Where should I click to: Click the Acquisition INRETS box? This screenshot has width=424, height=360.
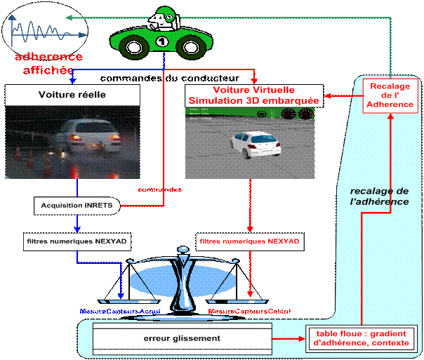coord(77,206)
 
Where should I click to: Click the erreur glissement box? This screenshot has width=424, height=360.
coord(181,339)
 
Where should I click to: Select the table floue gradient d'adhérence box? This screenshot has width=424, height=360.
coord(363,339)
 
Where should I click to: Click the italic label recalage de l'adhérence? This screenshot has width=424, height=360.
coord(380,196)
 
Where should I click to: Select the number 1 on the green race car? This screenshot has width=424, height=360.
coord(161,42)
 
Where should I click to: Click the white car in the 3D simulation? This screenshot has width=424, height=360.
coord(254,146)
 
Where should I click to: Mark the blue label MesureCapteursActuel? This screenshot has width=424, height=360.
coord(120,310)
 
